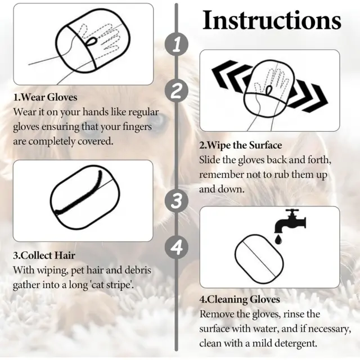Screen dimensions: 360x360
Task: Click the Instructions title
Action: (x=272, y=20)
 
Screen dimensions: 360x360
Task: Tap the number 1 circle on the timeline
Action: (x=177, y=44)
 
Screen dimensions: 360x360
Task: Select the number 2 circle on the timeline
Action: (x=177, y=91)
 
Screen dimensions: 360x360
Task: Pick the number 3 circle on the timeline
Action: (x=177, y=201)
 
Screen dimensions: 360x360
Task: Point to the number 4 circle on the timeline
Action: (x=177, y=247)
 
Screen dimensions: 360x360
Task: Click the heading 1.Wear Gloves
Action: (x=45, y=97)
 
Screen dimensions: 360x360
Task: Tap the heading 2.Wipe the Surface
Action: (x=241, y=145)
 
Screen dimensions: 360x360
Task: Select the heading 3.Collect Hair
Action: (x=44, y=255)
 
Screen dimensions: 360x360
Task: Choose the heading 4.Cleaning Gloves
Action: (x=240, y=300)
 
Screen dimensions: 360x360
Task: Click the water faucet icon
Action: (x=290, y=221)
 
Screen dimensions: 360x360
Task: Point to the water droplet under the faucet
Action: (x=278, y=239)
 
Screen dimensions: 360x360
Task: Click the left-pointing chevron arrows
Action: (x=232, y=75)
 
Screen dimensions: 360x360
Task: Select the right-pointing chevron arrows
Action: (x=308, y=95)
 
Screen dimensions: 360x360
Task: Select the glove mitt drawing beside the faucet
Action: (x=259, y=259)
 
